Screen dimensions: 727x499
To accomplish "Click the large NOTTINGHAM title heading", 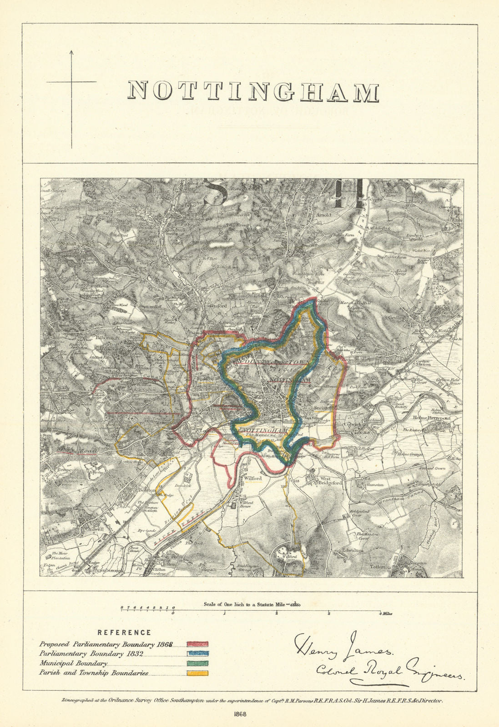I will pyautogui.click(x=252, y=91).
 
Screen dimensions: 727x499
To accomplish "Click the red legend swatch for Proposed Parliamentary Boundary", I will pyautogui.click(x=197, y=644).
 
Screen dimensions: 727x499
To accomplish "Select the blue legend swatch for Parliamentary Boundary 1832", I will pyautogui.click(x=197, y=655).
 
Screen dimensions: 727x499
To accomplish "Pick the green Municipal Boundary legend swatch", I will pyautogui.click(x=197, y=664).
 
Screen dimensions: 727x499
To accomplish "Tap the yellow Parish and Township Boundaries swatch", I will pyautogui.click(x=197, y=674).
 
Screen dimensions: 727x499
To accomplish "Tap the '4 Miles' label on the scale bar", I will pyautogui.click(x=385, y=614).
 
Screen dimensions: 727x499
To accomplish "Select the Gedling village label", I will pyautogui.click(x=396, y=318).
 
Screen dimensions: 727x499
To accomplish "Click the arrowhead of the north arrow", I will pyautogui.click(x=71, y=53).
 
